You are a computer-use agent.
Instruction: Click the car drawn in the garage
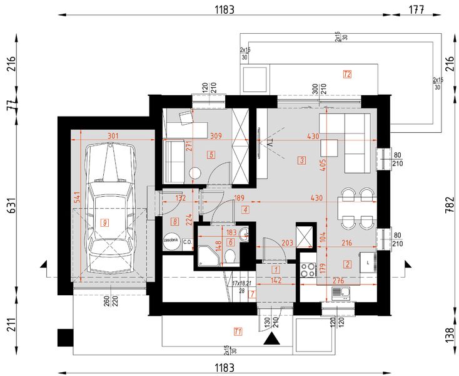110,207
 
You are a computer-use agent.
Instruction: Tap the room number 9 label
105,221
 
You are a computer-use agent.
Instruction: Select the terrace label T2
347,75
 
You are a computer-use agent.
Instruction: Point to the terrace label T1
238,330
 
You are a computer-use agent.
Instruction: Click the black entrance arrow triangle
273,340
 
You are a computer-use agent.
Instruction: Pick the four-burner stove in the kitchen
308,270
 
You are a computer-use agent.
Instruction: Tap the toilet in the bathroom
231,256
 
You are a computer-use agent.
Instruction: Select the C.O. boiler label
187,241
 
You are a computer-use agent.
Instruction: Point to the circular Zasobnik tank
171,241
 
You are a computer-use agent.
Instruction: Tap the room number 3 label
302,160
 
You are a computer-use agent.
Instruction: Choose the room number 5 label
211,154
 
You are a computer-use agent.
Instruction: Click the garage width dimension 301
113,135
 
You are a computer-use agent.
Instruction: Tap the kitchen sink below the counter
341,291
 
